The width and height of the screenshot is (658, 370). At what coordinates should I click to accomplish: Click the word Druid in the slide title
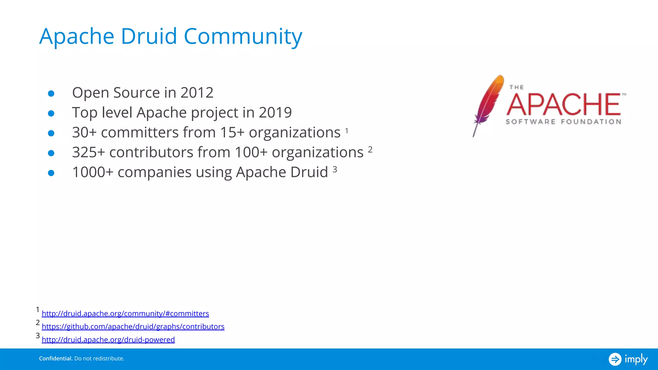click(148, 36)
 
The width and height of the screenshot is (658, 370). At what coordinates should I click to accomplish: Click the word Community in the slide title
click(243, 36)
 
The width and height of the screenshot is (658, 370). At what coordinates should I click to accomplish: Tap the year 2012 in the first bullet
click(197, 93)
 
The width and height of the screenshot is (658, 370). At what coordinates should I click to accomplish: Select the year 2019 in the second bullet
click(275, 113)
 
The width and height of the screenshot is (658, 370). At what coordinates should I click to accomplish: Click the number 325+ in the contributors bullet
click(88, 153)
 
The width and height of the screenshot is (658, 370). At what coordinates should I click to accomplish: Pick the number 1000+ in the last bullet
click(93, 172)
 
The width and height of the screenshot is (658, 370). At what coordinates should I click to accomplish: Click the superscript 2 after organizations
click(370, 150)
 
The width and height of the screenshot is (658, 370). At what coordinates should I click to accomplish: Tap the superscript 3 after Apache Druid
click(335, 170)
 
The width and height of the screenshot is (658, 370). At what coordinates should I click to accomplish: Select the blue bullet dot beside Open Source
click(51, 93)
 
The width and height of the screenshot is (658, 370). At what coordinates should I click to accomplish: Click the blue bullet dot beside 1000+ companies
click(51, 173)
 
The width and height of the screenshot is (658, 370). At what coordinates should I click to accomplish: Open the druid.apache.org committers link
click(125, 313)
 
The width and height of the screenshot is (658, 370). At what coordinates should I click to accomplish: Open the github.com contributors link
click(133, 327)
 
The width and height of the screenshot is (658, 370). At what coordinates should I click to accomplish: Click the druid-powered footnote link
click(108, 340)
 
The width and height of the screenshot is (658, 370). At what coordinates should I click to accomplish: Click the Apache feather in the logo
click(488, 103)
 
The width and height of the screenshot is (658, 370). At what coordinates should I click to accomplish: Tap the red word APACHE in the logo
click(564, 104)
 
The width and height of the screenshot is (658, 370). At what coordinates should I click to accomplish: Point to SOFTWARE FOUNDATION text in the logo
click(563, 122)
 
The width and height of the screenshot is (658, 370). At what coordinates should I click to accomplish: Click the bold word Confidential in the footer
click(56, 358)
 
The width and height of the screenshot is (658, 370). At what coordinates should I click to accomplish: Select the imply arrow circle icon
click(615, 359)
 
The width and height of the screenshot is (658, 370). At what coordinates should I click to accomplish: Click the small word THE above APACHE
click(517, 87)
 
